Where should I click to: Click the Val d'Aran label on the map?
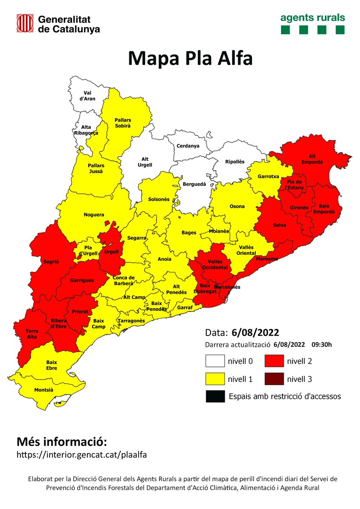tap(88, 96)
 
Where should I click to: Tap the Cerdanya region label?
tap(188, 146)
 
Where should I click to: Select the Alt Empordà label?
tap(312, 159)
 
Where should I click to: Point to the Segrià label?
tap(51, 262)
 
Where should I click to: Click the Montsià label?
tap(43, 390)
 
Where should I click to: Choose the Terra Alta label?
tap(32, 333)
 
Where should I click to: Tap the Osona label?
tap(237, 207)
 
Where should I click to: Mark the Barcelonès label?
tap(227, 287)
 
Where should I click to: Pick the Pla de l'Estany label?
tap(294, 185)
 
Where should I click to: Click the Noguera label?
tap(94, 215)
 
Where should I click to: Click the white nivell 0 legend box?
tap(217, 361)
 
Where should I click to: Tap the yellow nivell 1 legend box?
tap(217, 379)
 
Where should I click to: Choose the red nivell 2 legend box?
tap(276, 361)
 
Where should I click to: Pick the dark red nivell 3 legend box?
tap(276, 379)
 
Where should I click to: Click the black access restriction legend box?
tap(215, 396)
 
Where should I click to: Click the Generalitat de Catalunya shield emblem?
tap(25, 23)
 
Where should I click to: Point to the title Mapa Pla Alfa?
tap(190, 59)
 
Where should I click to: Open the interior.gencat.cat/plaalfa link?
tap(81, 454)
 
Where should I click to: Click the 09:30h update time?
tap(321, 344)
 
